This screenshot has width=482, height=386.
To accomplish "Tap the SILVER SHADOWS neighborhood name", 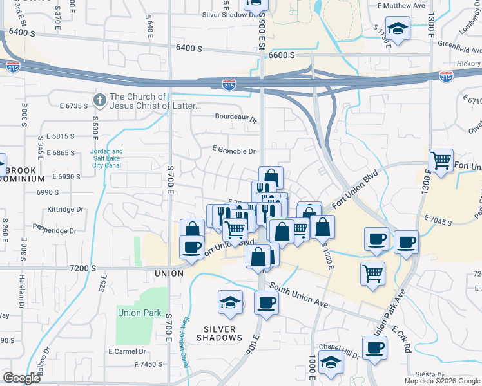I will [x=219, y=333].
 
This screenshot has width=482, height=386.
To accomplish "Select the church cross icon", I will [x=99, y=99].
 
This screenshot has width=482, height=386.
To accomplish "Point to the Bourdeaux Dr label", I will [x=236, y=119].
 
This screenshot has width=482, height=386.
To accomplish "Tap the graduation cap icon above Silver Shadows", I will [x=229, y=302].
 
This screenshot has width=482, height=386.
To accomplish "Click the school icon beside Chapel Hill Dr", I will [x=331, y=362].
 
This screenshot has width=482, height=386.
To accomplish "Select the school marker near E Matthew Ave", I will [x=398, y=29].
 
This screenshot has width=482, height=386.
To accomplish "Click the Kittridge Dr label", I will [x=66, y=209].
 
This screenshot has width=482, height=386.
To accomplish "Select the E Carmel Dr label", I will [x=128, y=351].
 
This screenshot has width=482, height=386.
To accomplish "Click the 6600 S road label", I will [x=282, y=55].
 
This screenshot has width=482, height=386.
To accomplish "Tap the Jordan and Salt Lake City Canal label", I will [x=107, y=158].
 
